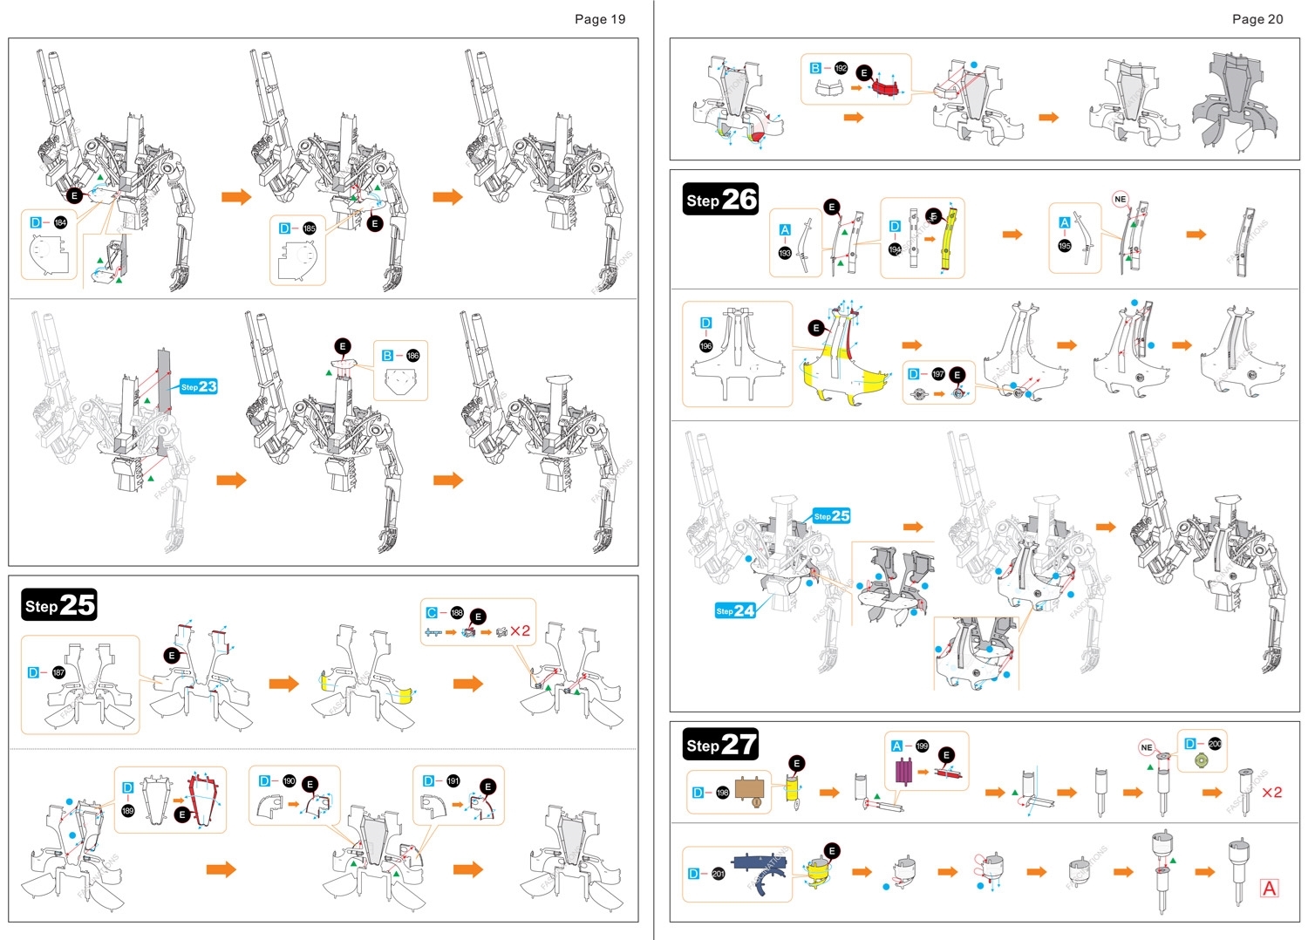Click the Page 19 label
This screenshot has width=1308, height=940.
point(599,19)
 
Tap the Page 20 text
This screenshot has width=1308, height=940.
point(1257,19)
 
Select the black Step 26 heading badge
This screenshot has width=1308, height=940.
point(720,200)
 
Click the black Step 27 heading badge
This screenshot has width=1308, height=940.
point(720,745)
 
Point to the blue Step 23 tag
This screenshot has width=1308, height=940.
point(199,386)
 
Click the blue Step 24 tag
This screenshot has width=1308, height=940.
point(734,610)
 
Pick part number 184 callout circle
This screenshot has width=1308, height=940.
point(60,222)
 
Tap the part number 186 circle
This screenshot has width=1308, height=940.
point(412,356)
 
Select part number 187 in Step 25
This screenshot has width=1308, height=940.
point(58,672)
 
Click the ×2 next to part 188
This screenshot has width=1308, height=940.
point(520,630)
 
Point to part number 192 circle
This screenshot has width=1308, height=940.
point(841,68)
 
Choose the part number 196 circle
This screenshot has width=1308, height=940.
point(705,346)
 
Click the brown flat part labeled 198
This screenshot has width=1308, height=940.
point(753,791)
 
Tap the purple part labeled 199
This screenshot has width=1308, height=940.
point(903,771)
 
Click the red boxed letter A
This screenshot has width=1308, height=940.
point(1270,888)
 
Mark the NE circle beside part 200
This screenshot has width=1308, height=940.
point(1147,747)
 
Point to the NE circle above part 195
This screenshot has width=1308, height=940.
point(1121,199)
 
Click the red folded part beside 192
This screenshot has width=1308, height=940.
point(885,88)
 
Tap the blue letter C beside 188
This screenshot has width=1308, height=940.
point(431,613)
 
